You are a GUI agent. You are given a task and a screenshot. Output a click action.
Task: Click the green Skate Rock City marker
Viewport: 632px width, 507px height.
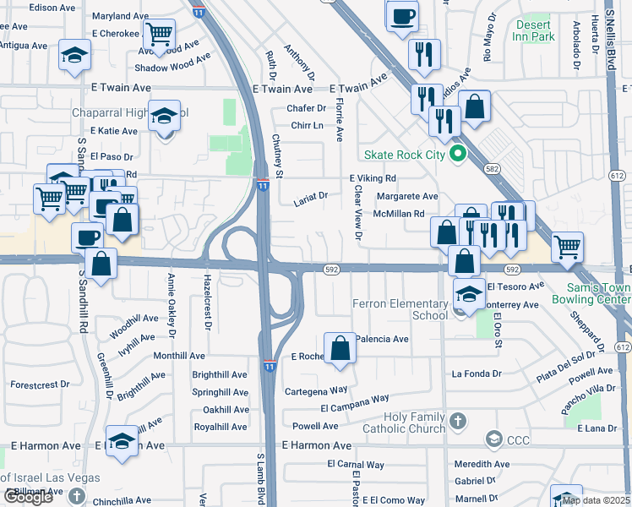click(x=458, y=155)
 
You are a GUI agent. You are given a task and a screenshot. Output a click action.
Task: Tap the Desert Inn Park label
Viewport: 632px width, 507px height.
click(x=534, y=30)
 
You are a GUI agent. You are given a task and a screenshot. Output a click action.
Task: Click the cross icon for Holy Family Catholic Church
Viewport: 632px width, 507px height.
click(x=457, y=420)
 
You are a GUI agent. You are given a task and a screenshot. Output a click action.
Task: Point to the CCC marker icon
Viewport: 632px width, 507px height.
click(x=493, y=439)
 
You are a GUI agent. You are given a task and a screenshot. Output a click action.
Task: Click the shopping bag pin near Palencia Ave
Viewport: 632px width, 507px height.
click(x=340, y=348)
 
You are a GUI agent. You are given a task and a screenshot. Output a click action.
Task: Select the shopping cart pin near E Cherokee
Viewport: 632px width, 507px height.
click(x=159, y=35)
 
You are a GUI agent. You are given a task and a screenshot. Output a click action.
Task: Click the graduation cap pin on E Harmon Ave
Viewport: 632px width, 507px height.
click(x=123, y=441)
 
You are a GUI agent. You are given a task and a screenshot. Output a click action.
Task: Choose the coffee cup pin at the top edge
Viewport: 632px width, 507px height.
click(x=402, y=15)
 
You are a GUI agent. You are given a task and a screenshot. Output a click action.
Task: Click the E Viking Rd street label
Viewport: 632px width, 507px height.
click(x=373, y=178)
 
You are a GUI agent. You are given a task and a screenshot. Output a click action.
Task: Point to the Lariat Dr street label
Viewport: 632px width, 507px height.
click(x=310, y=199)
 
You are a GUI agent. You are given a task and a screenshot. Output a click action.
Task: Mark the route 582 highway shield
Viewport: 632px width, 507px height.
click(x=491, y=169)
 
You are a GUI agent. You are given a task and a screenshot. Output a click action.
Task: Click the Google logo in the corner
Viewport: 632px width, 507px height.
click(x=28, y=497)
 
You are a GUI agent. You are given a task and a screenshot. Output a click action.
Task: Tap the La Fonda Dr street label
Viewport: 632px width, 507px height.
click(x=477, y=373)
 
